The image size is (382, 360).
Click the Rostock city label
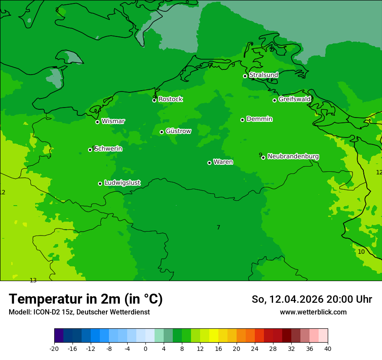click(x=170, y=99)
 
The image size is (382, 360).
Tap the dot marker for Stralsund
click(x=245, y=76)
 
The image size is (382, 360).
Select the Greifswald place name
click(x=294, y=99)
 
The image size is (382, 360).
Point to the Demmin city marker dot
click(x=242, y=120)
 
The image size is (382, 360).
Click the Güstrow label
click(x=178, y=131)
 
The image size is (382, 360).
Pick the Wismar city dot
click(x=97, y=122)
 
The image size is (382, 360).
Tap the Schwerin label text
click(x=108, y=149)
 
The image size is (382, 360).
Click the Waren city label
click(x=223, y=162)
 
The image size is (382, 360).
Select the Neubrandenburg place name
click(x=293, y=157)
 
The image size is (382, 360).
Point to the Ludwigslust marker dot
click(x=100, y=183)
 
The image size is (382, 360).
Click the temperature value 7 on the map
click(x=218, y=228)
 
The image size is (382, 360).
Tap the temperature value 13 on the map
click(x=33, y=281)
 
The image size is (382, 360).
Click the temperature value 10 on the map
click(x=361, y=252)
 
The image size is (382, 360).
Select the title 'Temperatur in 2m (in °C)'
click(x=86, y=299)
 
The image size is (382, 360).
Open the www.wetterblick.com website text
click(x=313, y=312)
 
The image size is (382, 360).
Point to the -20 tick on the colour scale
click(x=54, y=349)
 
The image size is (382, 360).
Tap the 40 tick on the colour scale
click(x=328, y=349)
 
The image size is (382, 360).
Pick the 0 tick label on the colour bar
click(x=145, y=349)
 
